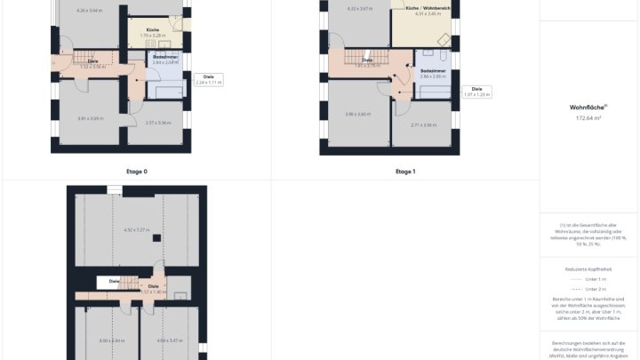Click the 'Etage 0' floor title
[x=137, y=171]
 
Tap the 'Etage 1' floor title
[x=404, y=171]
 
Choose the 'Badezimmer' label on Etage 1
[x=433, y=69]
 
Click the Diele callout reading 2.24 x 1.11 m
[x=209, y=79]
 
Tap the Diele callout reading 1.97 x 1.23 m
[x=476, y=91]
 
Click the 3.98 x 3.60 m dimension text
[x=357, y=114]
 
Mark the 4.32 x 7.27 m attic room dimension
[x=136, y=230]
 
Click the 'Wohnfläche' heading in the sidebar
[x=588, y=107]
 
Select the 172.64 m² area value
[x=588, y=116]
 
